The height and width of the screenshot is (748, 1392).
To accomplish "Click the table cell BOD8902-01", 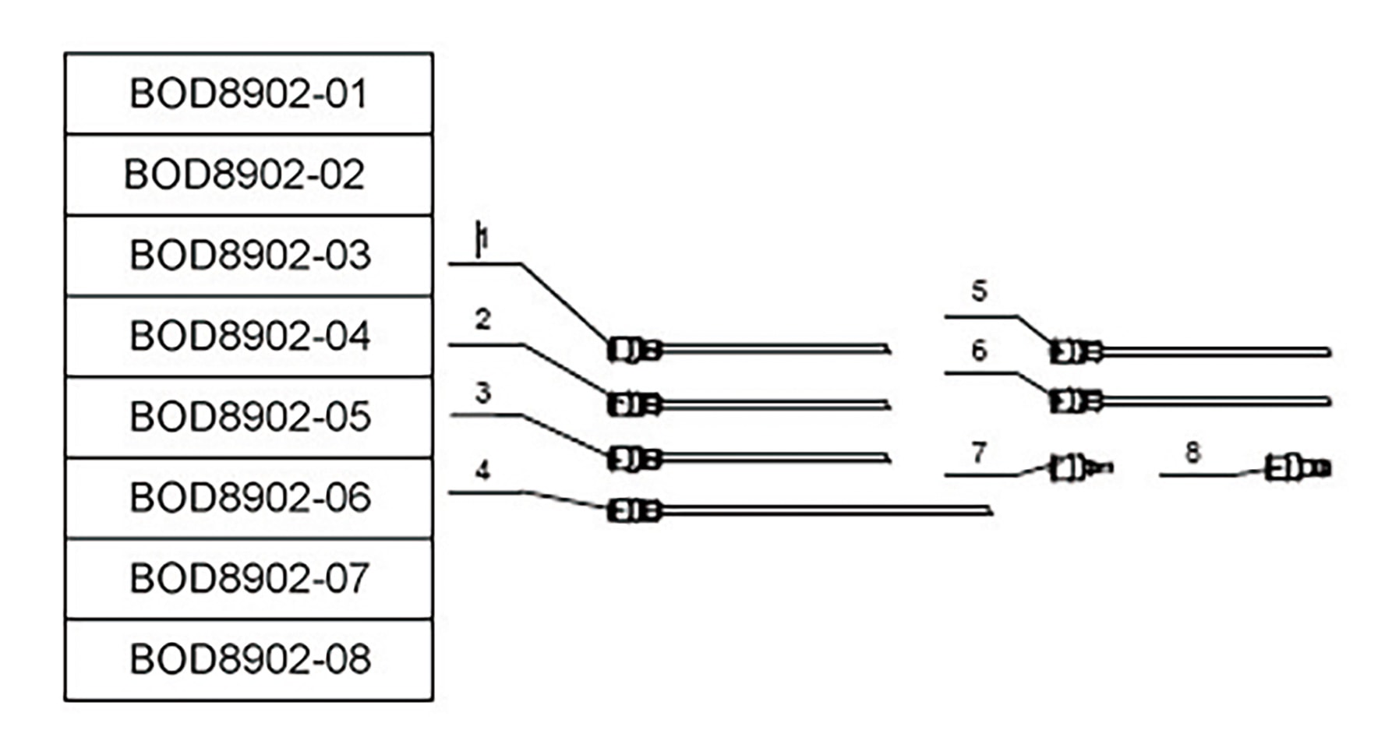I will (249, 93).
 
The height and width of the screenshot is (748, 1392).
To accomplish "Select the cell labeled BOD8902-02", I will (249, 175).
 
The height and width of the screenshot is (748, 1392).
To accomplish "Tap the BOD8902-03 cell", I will (249, 256).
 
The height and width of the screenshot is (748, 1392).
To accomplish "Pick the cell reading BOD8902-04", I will (249, 336).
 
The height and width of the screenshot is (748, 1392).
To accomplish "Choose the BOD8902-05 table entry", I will (249, 417).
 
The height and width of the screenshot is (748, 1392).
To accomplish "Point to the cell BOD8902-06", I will (249, 498).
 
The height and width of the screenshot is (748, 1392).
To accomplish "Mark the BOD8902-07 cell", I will (249, 578).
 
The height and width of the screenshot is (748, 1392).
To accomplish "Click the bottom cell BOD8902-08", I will (249, 659).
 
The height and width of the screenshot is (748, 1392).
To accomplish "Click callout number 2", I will (483, 319).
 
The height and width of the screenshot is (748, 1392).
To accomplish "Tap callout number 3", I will (483, 393).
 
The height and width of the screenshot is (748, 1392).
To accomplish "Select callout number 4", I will (483, 471).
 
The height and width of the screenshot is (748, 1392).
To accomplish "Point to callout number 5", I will (980, 291).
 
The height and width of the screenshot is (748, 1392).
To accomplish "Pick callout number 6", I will (980, 351).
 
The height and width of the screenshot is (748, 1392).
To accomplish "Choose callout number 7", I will (980, 452).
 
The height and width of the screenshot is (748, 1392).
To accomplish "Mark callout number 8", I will (1192, 452).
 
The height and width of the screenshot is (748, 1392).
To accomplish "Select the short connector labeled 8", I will (1297, 468).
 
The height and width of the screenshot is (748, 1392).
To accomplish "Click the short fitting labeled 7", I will (1080, 468).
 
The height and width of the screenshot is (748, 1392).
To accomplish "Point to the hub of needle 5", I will (1075, 352).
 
